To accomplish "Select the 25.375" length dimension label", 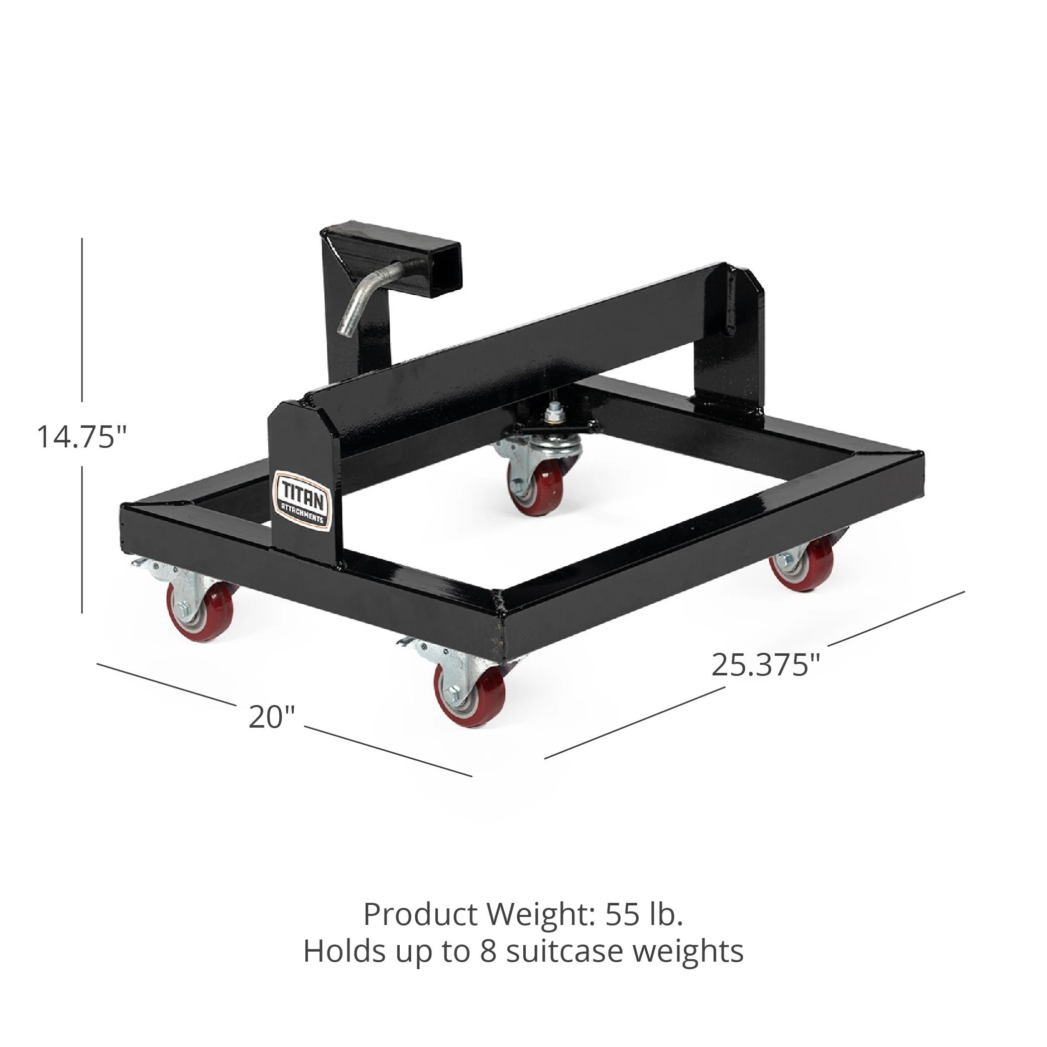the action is [766, 665].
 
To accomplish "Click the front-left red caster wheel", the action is [201, 612].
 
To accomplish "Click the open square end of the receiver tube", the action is [444, 266].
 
